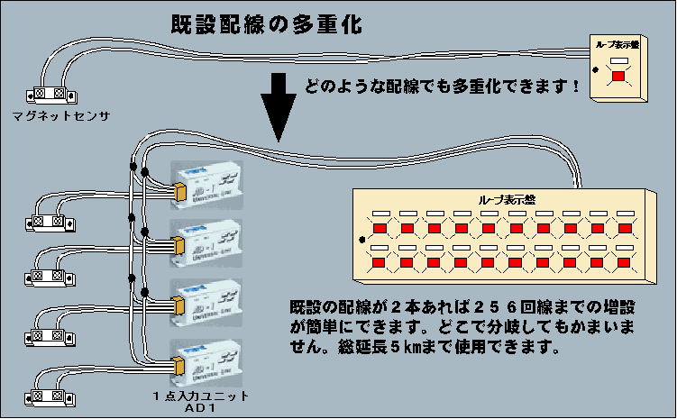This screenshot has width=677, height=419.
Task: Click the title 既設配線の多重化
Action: [267, 24]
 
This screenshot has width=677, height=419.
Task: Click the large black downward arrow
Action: [279, 107]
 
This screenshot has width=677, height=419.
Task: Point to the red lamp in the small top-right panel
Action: [618, 77]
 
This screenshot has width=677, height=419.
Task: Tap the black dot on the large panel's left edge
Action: [362, 241]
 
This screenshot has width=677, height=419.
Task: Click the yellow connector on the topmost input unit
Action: [179, 189]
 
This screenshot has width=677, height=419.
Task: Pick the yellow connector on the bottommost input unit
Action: [179, 365]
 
